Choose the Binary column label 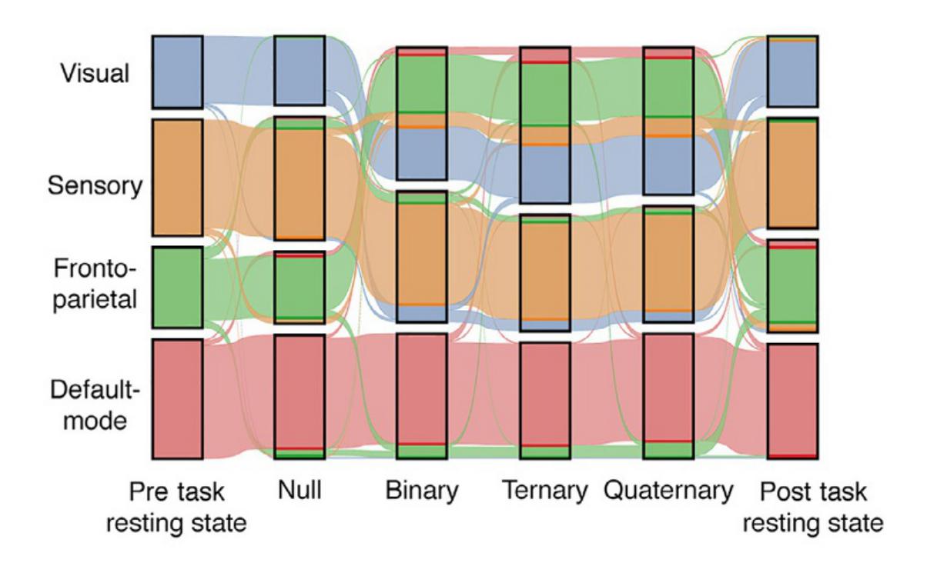pos(422,491)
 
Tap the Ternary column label pos(544,491)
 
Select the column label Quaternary pos(667,491)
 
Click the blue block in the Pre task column pos(177,72)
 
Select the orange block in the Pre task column pos(177,177)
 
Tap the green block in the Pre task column pos(177,288)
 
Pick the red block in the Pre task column pos(177,398)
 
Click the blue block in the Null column pos(300,71)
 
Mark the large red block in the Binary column pos(422,389)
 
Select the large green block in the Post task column pos(791,285)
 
